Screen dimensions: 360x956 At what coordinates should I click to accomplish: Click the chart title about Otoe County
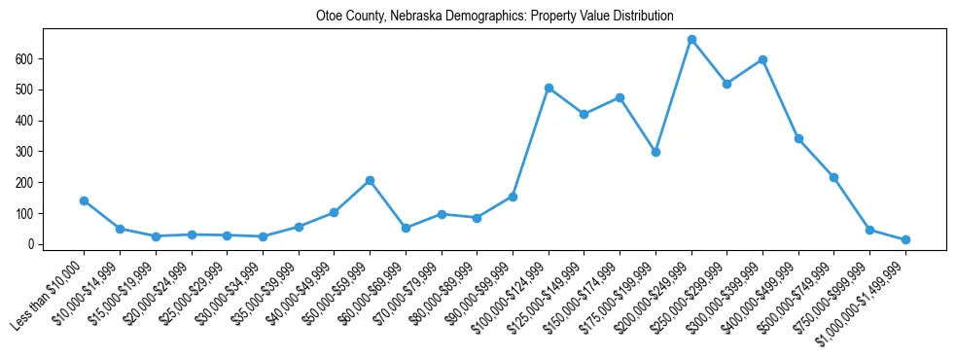[495, 17]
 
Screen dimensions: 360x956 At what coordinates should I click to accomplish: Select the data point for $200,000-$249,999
[691, 40]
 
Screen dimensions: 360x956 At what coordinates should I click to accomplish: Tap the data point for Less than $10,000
[85, 200]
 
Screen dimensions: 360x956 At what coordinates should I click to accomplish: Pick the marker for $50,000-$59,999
[371, 181]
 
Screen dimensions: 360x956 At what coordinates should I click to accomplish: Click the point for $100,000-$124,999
[549, 88]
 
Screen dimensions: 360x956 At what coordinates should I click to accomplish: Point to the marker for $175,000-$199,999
[655, 152]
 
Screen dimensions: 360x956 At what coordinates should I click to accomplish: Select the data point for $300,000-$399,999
[762, 59]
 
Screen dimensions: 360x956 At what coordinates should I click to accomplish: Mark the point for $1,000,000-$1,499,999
[905, 239]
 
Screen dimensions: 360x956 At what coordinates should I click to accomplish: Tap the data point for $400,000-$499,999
[798, 139]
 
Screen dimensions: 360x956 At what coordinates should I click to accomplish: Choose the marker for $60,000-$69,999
[406, 228]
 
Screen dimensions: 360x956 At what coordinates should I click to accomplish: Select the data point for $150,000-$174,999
[620, 97]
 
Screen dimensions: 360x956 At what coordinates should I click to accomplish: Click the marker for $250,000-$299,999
[726, 84]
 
